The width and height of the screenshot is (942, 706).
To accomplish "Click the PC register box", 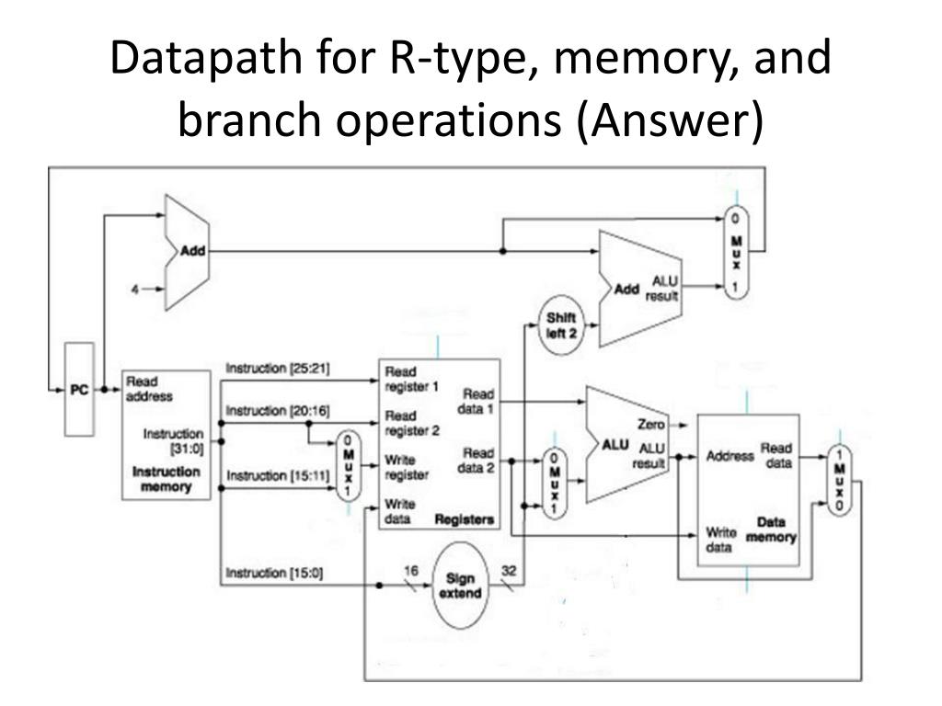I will pyautogui.click(x=79, y=390).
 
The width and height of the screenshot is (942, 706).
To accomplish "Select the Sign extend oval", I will pyautogui.click(x=459, y=586).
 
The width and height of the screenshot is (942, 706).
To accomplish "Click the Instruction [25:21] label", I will pyautogui.click(x=279, y=369).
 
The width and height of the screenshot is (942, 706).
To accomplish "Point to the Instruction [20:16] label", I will pyautogui.click(x=279, y=410).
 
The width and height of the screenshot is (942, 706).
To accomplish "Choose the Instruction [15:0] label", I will pyautogui.click(x=275, y=573).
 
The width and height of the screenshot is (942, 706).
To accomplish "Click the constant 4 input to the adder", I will pyautogui.click(x=134, y=290).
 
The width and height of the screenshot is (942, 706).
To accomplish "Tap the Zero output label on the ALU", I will pyautogui.click(x=650, y=425).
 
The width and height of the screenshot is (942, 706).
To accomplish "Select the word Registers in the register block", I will pyautogui.click(x=464, y=519).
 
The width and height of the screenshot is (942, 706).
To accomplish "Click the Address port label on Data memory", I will pyautogui.click(x=729, y=456).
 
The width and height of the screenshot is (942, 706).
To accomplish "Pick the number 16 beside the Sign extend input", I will pyautogui.click(x=410, y=570).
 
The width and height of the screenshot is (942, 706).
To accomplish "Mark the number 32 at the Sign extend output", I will pyautogui.click(x=509, y=570).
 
